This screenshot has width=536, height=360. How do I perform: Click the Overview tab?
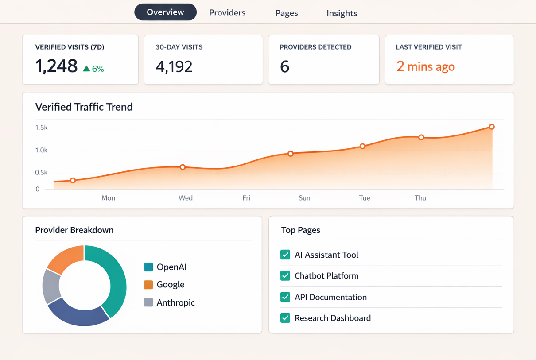165,12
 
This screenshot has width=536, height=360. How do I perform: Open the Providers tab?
227,13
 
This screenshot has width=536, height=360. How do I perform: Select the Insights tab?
342,13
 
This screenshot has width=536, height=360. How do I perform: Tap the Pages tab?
286,13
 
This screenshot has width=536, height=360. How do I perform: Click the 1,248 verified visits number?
56,66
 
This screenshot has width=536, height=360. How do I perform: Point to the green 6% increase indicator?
93,69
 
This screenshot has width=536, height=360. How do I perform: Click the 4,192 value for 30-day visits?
174,66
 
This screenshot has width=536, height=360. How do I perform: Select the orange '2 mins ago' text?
425,66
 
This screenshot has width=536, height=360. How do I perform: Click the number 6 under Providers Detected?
284,66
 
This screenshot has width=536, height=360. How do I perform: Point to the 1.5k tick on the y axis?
41,128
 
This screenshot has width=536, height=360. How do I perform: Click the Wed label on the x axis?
185,198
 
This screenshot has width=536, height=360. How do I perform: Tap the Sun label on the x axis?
304,198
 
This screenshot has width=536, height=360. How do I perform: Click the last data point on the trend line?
492,127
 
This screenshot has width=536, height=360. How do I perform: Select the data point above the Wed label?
183,167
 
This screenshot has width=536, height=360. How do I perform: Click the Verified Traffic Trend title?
84,107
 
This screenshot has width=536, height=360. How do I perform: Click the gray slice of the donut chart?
51,286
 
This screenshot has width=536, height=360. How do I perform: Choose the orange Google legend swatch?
148,285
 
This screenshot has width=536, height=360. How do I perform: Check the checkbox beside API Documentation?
285,297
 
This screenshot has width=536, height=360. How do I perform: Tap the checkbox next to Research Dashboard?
285,318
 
